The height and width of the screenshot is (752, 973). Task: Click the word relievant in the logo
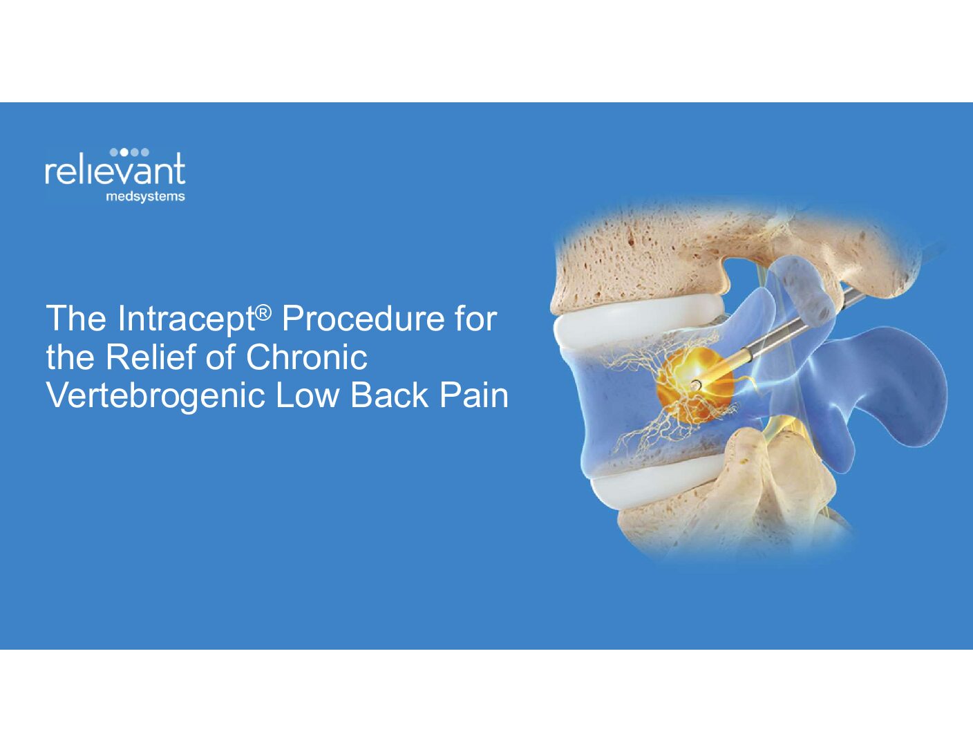(115, 170)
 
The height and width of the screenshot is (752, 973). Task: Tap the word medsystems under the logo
(145, 197)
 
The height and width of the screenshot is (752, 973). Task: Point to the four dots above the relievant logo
(129, 152)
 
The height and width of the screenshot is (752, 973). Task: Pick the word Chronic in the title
(306, 357)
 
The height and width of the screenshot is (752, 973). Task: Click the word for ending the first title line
(475, 319)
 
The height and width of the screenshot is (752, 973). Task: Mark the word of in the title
(220, 357)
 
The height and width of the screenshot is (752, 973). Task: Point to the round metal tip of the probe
(696, 384)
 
